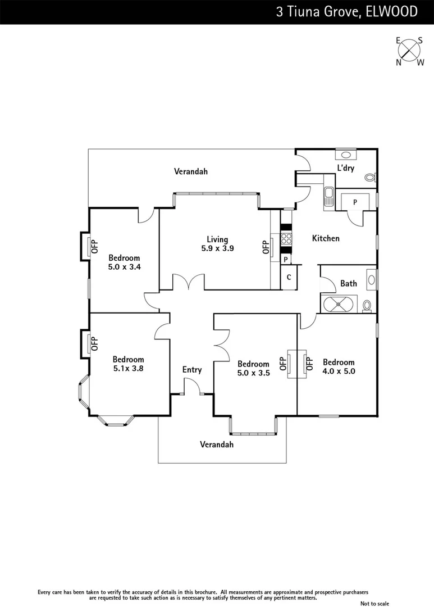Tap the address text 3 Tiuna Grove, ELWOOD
coord(346,12)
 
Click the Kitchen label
coord(326,238)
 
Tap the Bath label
coord(348,283)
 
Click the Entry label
coord(192,370)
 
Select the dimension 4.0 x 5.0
coord(339,371)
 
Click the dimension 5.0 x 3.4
coord(124,267)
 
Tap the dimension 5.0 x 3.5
coord(253,372)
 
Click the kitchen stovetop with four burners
coord(286,238)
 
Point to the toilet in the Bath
coord(367,305)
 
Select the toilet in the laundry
coord(370,178)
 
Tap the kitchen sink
coord(328,197)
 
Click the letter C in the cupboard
coord(289,277)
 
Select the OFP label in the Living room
coord(266,247)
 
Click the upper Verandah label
coord(191,171)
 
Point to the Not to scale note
coord(374,603)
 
